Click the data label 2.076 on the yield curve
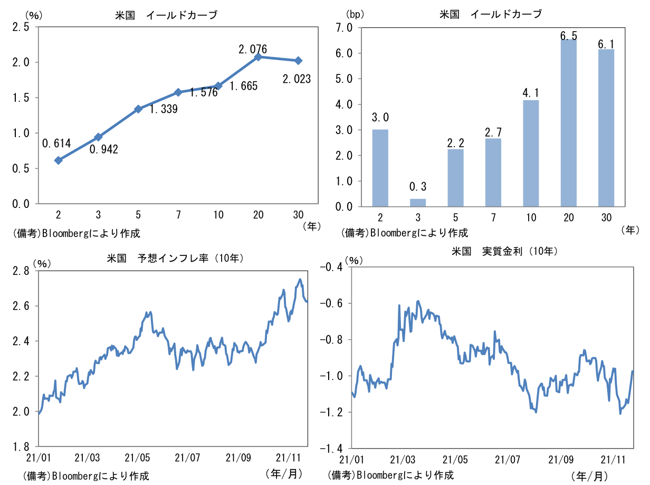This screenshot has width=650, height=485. pos(253,49)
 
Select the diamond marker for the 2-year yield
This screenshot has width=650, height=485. pos(59,160)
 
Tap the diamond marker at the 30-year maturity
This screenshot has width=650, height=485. pos(299,61)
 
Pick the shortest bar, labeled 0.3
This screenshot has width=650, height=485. pos(418,203)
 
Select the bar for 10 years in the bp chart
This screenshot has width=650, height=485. pos(531,153)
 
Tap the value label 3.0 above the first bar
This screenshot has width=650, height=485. pos(380,117)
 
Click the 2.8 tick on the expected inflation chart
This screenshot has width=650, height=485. pos(22,271)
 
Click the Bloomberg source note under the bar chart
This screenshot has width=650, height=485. pos(405,232)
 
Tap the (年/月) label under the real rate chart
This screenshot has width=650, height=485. pos(589,476)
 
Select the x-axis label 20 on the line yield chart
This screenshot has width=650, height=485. pos(258,214)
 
